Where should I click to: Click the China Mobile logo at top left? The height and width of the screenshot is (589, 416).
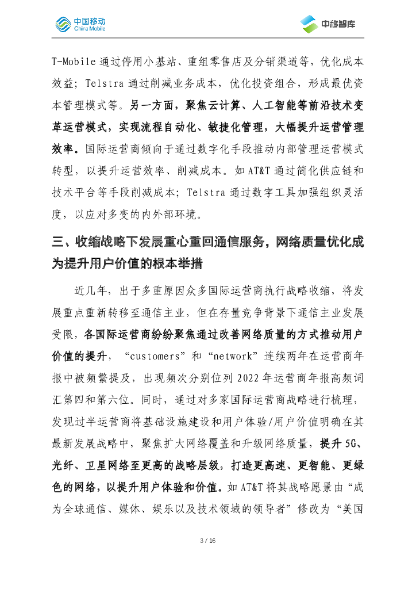click(80, 23)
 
